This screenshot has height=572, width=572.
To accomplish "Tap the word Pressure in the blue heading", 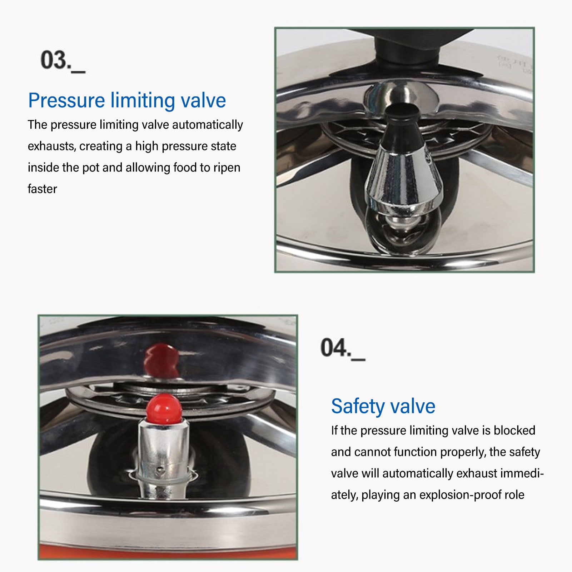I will pyautogui.click(x=66, y=100).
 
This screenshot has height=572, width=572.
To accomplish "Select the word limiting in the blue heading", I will pyautogui.click(x=143, y=100).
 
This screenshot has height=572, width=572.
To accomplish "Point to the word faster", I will pyautogui.click(x=42, y=189).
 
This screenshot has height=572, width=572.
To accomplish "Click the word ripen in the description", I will pyautogui.click(x=227, y=168).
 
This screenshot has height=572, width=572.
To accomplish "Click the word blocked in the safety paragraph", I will pyautogui.click(x=514, y=431).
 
